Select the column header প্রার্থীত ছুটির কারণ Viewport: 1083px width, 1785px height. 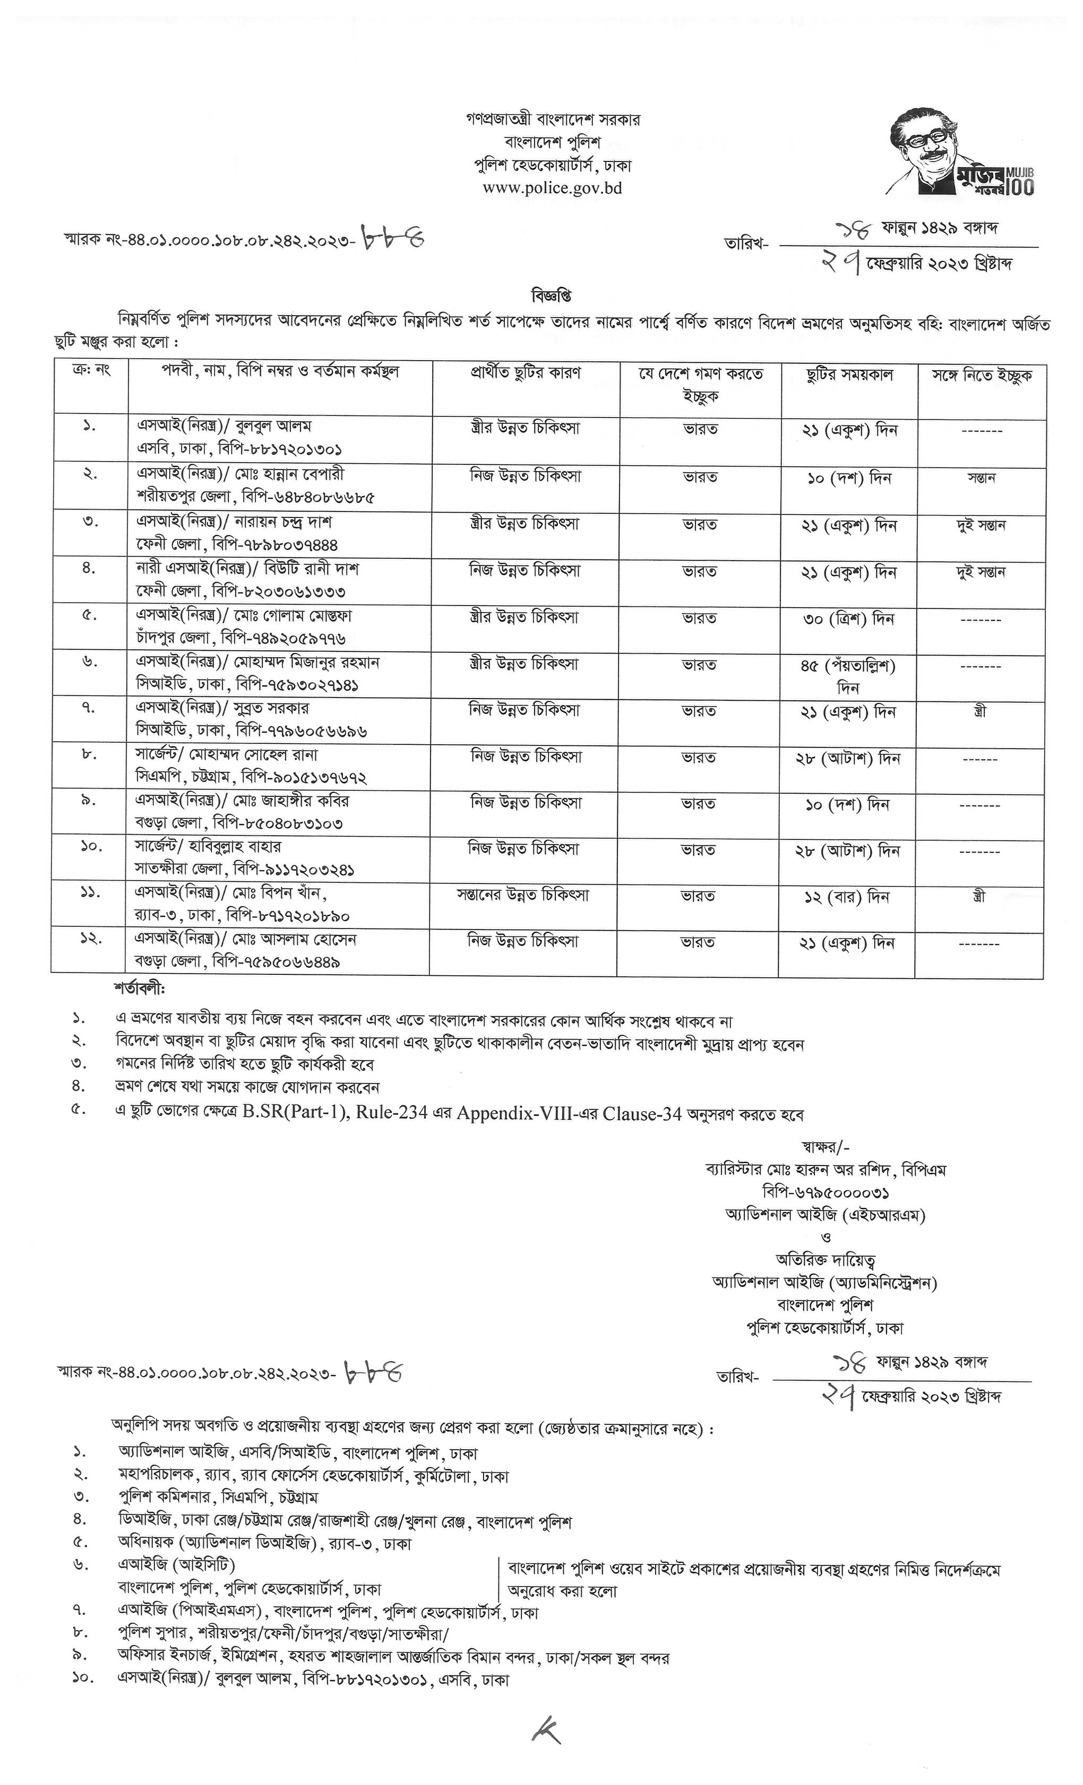point(526,373)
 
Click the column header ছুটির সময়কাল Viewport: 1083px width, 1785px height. point(849,375)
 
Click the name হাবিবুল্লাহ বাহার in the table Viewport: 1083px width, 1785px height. point(235,846)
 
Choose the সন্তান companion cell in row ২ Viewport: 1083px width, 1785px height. point(981,478)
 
